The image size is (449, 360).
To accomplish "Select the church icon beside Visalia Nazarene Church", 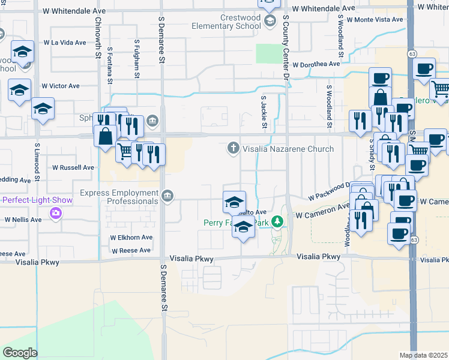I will (234, 148).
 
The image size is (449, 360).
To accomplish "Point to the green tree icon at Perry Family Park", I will (277, 223).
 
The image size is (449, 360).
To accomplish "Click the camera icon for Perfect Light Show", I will (55, 212).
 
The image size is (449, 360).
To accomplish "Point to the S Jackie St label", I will (264, 112).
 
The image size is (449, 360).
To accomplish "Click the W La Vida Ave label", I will (64, 43).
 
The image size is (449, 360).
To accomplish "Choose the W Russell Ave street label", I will (73, 167).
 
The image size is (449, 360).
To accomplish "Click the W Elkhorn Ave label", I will (131, 238).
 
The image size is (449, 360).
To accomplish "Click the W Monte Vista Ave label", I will (373, 20).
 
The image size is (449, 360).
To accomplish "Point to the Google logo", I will (20, 353).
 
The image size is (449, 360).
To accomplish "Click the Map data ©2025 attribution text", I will (424, 355).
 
